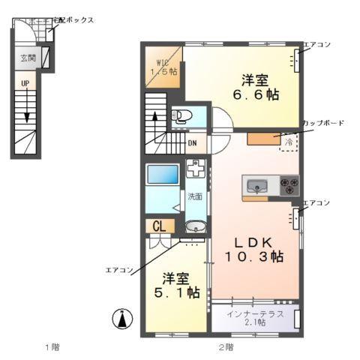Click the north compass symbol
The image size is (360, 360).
coord(120,319)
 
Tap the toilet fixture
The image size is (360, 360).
coord(182,116)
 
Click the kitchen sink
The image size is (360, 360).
coord(256,185)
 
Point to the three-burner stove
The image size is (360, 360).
coord(289,184)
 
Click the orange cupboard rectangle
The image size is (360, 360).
coord(262,139)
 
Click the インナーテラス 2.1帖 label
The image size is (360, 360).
coord(256,317)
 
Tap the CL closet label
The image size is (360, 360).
coord(159,226)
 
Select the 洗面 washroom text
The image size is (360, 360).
coord(195,197)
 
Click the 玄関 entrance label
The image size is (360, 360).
coord(27,57)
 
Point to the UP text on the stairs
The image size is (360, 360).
coord(25,83)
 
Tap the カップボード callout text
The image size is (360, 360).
coord(323,123)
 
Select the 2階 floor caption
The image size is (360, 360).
coord(226,346)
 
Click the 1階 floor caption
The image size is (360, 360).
coord(51,346)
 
